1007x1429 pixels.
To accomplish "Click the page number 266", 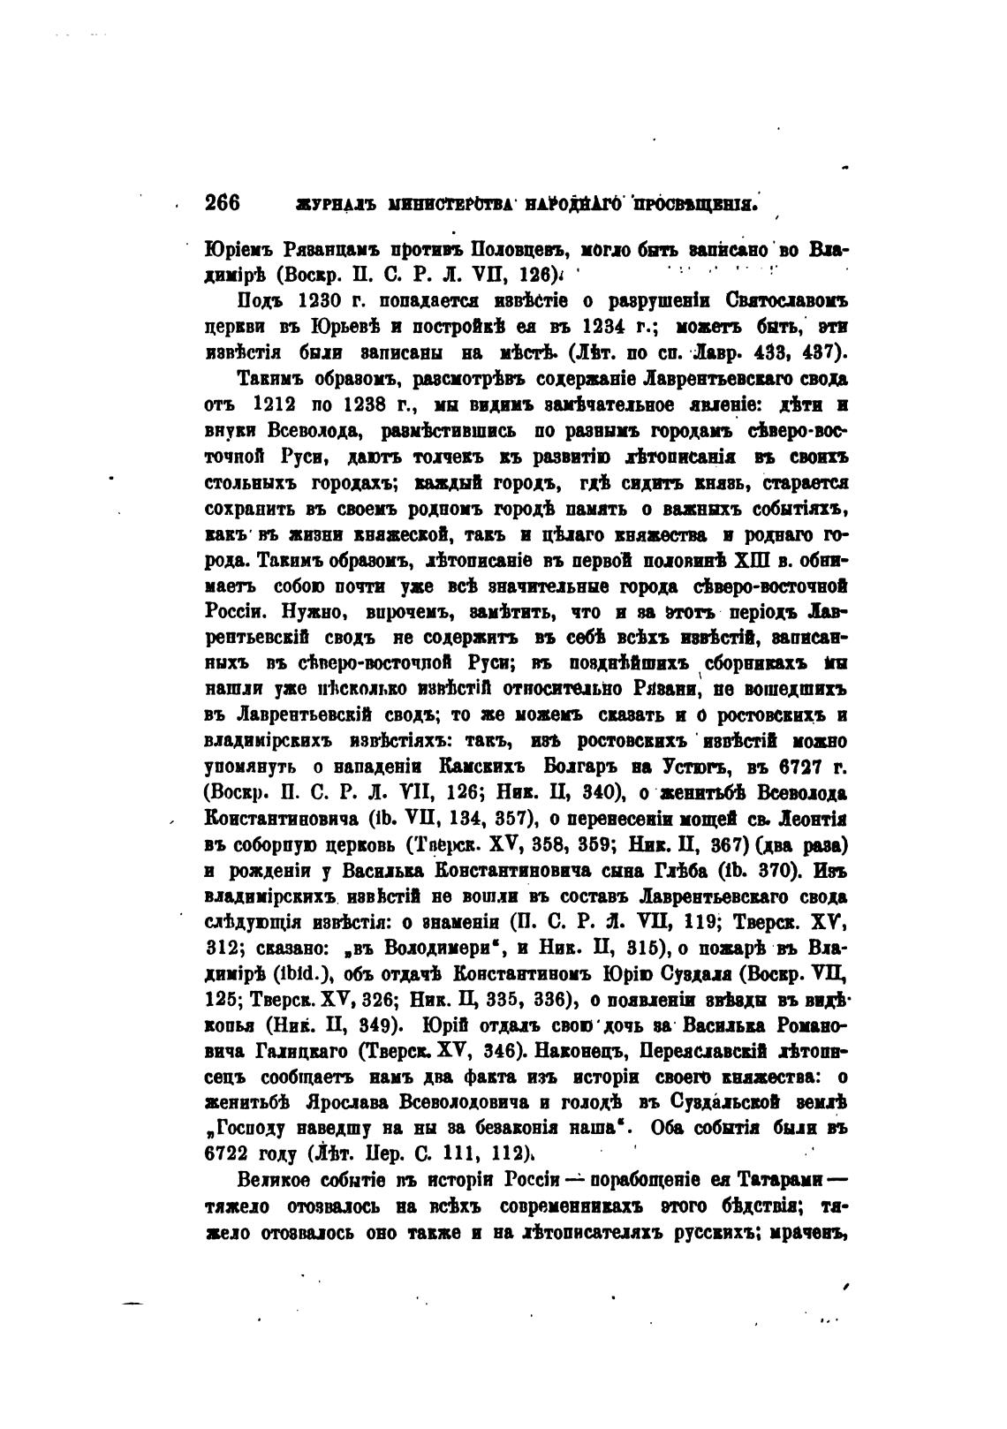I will [223, 202].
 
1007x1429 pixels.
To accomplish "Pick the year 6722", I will [230, 1152].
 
